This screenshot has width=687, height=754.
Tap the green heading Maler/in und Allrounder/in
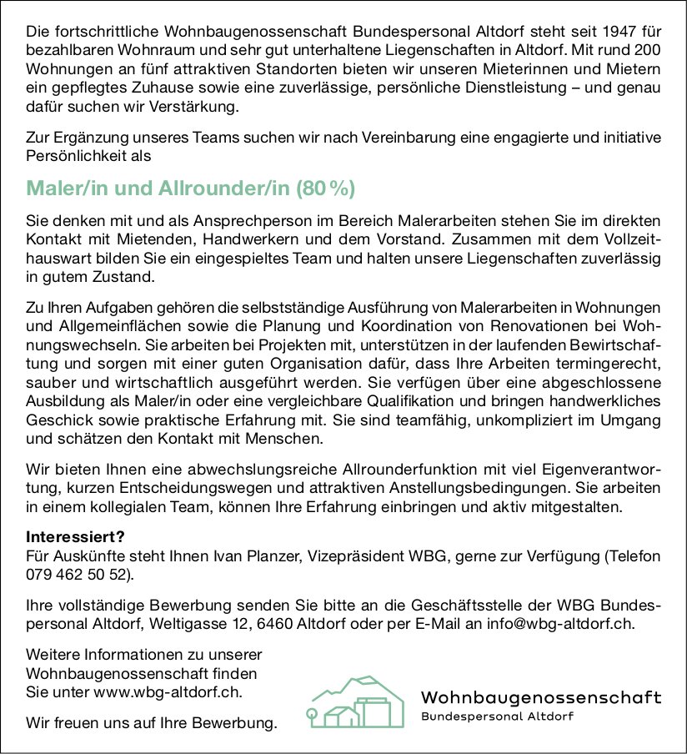pyautogui.click(x=159, y=189)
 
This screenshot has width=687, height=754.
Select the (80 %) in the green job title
pyautogui.click(x=326, y=189)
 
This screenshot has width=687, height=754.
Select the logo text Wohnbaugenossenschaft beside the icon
pyautogui.click(x=541, y=697)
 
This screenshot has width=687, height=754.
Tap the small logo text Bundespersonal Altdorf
pyautogui.click(x=498, y=717)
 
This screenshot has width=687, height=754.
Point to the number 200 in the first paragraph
pyautogui.click(x=647, y=52)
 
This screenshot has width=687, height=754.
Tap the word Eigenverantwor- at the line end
pyautogui.click(x=607, y=468)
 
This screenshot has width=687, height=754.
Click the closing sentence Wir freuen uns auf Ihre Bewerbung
pyautogui.click(x=151, y=722)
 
